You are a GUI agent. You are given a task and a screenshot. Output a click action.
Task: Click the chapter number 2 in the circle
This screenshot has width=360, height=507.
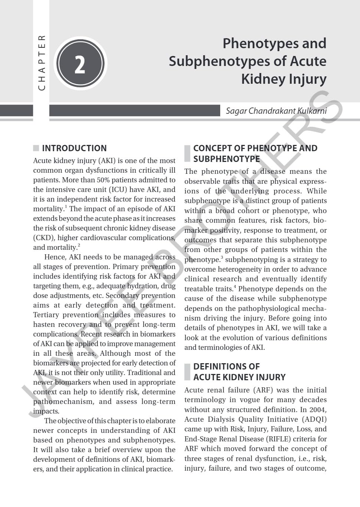click(x=80, y=64)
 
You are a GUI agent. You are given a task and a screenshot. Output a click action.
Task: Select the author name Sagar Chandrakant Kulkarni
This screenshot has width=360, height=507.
click(x=276, y=111)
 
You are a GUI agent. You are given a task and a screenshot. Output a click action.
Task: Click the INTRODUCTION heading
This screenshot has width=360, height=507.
click(x=74, y=148)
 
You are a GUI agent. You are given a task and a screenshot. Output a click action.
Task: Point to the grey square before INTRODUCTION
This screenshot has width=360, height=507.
click(x=36, y=148)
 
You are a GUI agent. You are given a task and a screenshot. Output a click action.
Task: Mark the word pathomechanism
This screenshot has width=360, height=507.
click(x=63, y=402)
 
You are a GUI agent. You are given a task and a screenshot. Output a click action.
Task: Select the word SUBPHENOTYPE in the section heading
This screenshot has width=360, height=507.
click(x=227, y=159)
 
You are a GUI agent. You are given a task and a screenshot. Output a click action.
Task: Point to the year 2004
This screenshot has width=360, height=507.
click(x=318, y=410)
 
